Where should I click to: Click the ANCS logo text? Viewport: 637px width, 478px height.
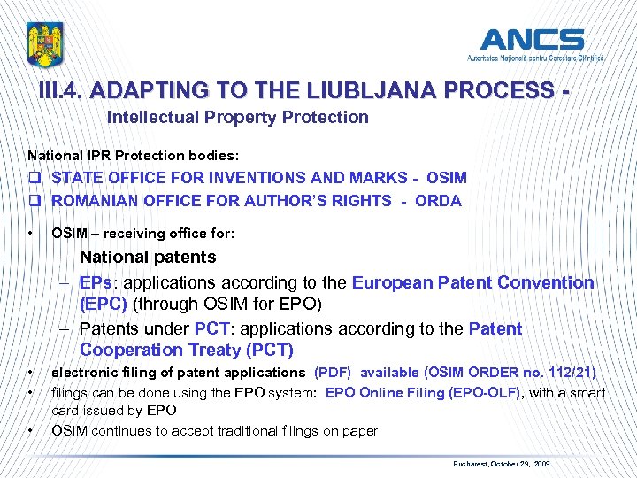531,40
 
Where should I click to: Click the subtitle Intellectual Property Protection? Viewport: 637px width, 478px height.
237,117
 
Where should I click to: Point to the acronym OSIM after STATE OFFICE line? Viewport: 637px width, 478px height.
445,178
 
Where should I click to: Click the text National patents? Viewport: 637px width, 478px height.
148,258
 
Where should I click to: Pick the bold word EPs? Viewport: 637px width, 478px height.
94,283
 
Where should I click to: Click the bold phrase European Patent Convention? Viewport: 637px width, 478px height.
473,283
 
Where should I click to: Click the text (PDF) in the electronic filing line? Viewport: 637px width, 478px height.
334,373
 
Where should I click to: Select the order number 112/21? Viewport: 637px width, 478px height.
570,373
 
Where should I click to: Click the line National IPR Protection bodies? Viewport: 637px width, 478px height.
120,155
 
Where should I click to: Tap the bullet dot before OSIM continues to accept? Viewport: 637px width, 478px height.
31,431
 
